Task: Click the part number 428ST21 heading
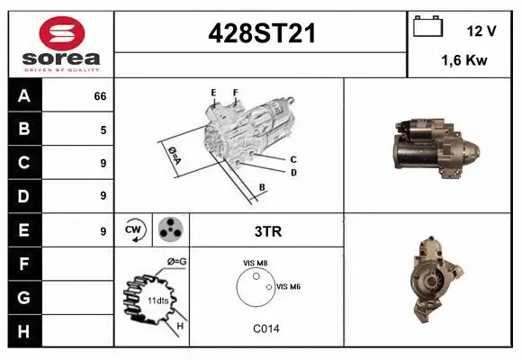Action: pos(261,33)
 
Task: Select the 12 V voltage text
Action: pos(481,31)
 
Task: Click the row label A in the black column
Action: pos(23,95)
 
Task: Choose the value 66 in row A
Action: pos(100,96)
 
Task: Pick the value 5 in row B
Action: pos(103,130)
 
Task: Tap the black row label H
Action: pos(23,330)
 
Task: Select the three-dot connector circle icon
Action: pos(170,230)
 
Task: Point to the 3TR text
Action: pos(268,231)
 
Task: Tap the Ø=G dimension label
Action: pos(176,262)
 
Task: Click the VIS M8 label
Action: pos(255,263)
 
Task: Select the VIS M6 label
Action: pos(288,286)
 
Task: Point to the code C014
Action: pos(266,328)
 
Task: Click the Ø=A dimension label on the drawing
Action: pos(174,155)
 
